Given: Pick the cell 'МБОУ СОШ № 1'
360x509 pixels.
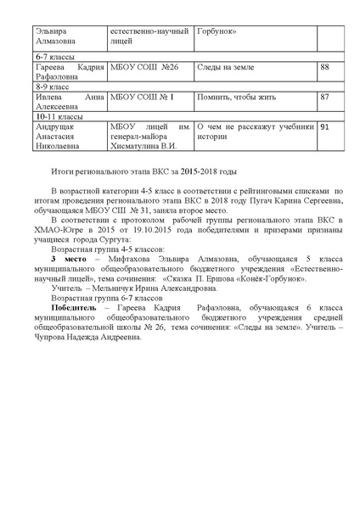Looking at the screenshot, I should (x=143, y=98).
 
